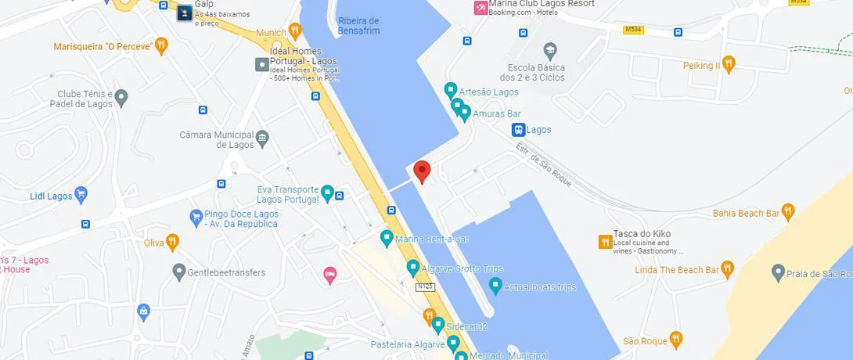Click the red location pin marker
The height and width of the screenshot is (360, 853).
(x=423, y=171)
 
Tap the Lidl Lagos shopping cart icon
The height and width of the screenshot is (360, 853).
(x=81, y=195)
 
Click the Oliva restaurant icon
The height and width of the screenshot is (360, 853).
(x=172, y=242)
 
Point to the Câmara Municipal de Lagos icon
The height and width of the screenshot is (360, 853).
(x=262, y=139)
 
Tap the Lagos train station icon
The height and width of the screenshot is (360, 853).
(x=517, y=130)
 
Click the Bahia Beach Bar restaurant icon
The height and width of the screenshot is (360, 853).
(x=787, y=212)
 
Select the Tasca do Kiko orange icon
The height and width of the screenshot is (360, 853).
(x=604, y=242)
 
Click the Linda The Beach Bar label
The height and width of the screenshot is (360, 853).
(x=677, y=270)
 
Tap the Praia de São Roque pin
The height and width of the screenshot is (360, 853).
(x=777, y=273)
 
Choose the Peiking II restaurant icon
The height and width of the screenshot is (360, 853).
(x=729, y=65)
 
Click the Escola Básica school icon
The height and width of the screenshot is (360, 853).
(x=550, y=52)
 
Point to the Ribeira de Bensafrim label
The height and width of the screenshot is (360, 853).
(x=358, y=26)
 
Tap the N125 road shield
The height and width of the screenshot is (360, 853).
(x=425, y=286)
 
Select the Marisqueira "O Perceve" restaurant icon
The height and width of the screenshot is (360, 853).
(x=161, y=45)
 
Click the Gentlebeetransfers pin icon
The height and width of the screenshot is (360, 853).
(x=178, y=273)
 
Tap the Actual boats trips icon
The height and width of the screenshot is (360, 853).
(x=495, y=286)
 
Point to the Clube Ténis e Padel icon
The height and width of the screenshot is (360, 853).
(x=121, y=98)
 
